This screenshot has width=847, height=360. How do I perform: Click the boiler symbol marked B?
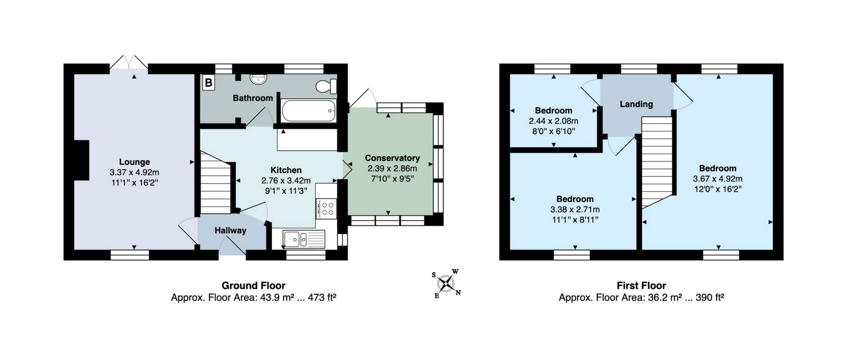tap(208, 83)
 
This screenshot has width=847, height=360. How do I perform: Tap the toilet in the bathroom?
tap(326, 86)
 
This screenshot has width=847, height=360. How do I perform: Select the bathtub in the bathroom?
tap(309, 111)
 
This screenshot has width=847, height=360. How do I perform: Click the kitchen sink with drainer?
tap(304, 239)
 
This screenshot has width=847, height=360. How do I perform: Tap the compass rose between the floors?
tap(447, 284)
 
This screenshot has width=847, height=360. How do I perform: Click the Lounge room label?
tap(134, 162)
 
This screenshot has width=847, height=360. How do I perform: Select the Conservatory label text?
tap(392, 158)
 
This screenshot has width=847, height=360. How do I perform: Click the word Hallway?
tap(230, 230)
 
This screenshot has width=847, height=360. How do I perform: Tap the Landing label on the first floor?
tap(636, 104)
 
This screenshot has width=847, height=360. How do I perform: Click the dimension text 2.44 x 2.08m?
tap(554, 121)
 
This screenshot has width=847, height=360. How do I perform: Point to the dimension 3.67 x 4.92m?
tap(718, 179)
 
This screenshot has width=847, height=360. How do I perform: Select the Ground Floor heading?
tap(253, 286)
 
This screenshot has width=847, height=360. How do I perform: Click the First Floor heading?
tap(641, 286)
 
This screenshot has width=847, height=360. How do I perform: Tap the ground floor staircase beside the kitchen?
tap(216, 183)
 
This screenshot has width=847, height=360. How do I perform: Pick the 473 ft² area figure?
tap(322, 298)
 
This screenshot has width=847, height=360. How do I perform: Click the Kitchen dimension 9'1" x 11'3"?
tap(286, 191)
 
